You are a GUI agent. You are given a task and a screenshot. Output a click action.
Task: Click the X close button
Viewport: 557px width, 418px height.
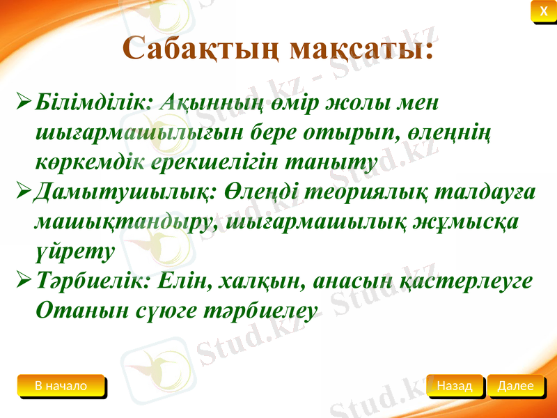[543, 10]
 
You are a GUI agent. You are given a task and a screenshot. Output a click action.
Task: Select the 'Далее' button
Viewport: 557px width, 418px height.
[515, 385]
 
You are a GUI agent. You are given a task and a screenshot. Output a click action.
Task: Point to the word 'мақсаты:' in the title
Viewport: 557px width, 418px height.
[361, 48]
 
